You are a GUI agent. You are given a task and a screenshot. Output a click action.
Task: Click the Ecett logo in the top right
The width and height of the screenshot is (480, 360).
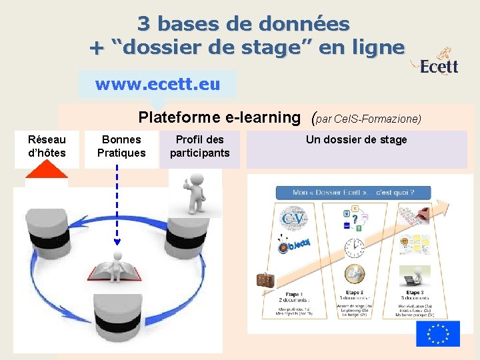click(x=439, y=62)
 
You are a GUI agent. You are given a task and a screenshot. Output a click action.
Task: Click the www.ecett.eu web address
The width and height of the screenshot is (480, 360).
click(x=157, y=85)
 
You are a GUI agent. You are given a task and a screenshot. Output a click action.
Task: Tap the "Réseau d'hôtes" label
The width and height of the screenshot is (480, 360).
click(x=47, y=146)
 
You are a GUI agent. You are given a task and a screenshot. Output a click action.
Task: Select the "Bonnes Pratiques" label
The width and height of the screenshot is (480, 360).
click(x=121, y=146)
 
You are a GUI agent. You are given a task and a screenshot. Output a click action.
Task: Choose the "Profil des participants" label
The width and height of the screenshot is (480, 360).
click(x=199, y=146)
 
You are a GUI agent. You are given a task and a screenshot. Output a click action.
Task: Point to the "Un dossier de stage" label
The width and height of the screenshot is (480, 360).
click(x=356, y=139)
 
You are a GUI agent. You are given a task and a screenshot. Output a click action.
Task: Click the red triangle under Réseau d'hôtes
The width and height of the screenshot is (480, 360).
click(x=47, y=169)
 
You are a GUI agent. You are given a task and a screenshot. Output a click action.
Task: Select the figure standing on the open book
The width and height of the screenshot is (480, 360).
click(x=119, y=263)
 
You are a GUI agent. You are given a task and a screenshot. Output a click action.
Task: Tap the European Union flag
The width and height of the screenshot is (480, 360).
click(x=438, y=333)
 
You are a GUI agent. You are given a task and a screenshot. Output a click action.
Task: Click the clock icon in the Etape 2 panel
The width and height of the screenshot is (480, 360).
click(x=354, y=248)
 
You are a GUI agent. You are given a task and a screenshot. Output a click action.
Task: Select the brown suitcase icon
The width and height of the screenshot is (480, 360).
click(x=265, y=281)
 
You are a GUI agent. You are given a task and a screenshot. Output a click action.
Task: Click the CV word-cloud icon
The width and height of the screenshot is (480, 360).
click(x=294, y=219)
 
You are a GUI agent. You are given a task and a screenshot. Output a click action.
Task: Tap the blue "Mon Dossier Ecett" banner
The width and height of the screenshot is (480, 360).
click(x=353, y=193)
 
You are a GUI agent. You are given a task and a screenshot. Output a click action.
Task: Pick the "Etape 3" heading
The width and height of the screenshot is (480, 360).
click(x=413, y=293)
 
